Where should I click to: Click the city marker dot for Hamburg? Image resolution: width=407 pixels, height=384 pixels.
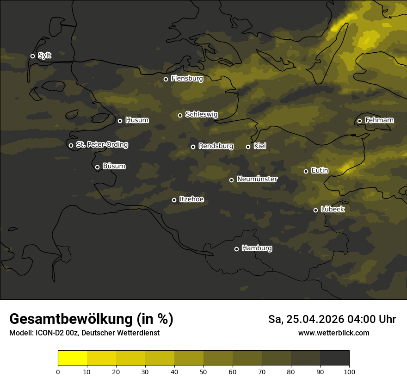click(x=236, y=249)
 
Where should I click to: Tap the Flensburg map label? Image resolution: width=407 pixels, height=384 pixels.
click(x=187, y=79)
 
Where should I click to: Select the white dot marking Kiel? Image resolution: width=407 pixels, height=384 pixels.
click(x=248, y=147)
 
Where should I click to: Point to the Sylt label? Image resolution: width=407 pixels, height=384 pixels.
click(x=44, y=56)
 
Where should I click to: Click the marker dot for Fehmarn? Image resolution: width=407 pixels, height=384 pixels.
click(x=359, y=121)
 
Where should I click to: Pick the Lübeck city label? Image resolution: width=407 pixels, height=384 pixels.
click(x=333, y=210)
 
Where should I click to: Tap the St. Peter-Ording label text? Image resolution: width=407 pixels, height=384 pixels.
click(x=102, y=145)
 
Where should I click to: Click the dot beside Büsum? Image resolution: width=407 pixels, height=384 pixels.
click(x=97, y=167)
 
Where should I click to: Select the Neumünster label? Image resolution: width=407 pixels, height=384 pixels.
click(x=257, y=179)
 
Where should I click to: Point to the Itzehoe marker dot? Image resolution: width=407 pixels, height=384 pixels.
click(x=174, y=200)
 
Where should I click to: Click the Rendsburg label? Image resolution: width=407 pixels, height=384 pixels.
click(x=216, y=146)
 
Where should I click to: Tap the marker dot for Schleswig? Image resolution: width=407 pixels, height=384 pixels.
click(x=180, y=115)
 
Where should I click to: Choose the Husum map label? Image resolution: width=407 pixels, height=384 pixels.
click(x=137, y=120)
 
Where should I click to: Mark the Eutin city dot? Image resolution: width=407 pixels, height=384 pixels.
click(x=306, y=171)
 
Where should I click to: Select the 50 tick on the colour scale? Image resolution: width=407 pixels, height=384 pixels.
click(x=203, y=371)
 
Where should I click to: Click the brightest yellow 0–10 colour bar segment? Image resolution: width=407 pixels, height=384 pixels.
click(x=73, y=358)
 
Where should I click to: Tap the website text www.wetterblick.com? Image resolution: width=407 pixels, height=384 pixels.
click(x=333, y=333)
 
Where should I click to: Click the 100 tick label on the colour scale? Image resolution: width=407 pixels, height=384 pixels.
click(x=349, y=371)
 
